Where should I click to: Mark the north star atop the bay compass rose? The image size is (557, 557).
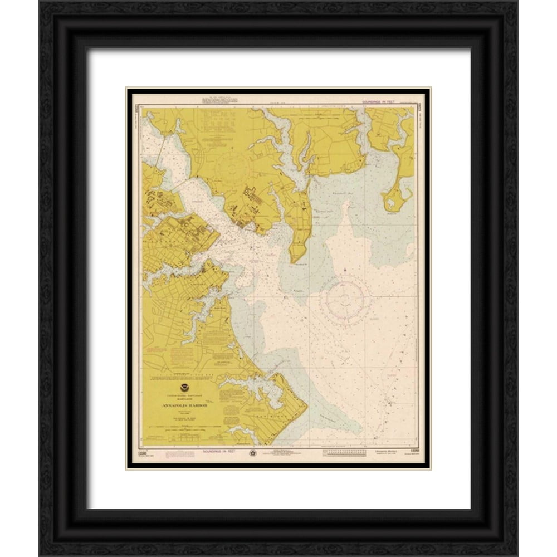pos(345,271)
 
